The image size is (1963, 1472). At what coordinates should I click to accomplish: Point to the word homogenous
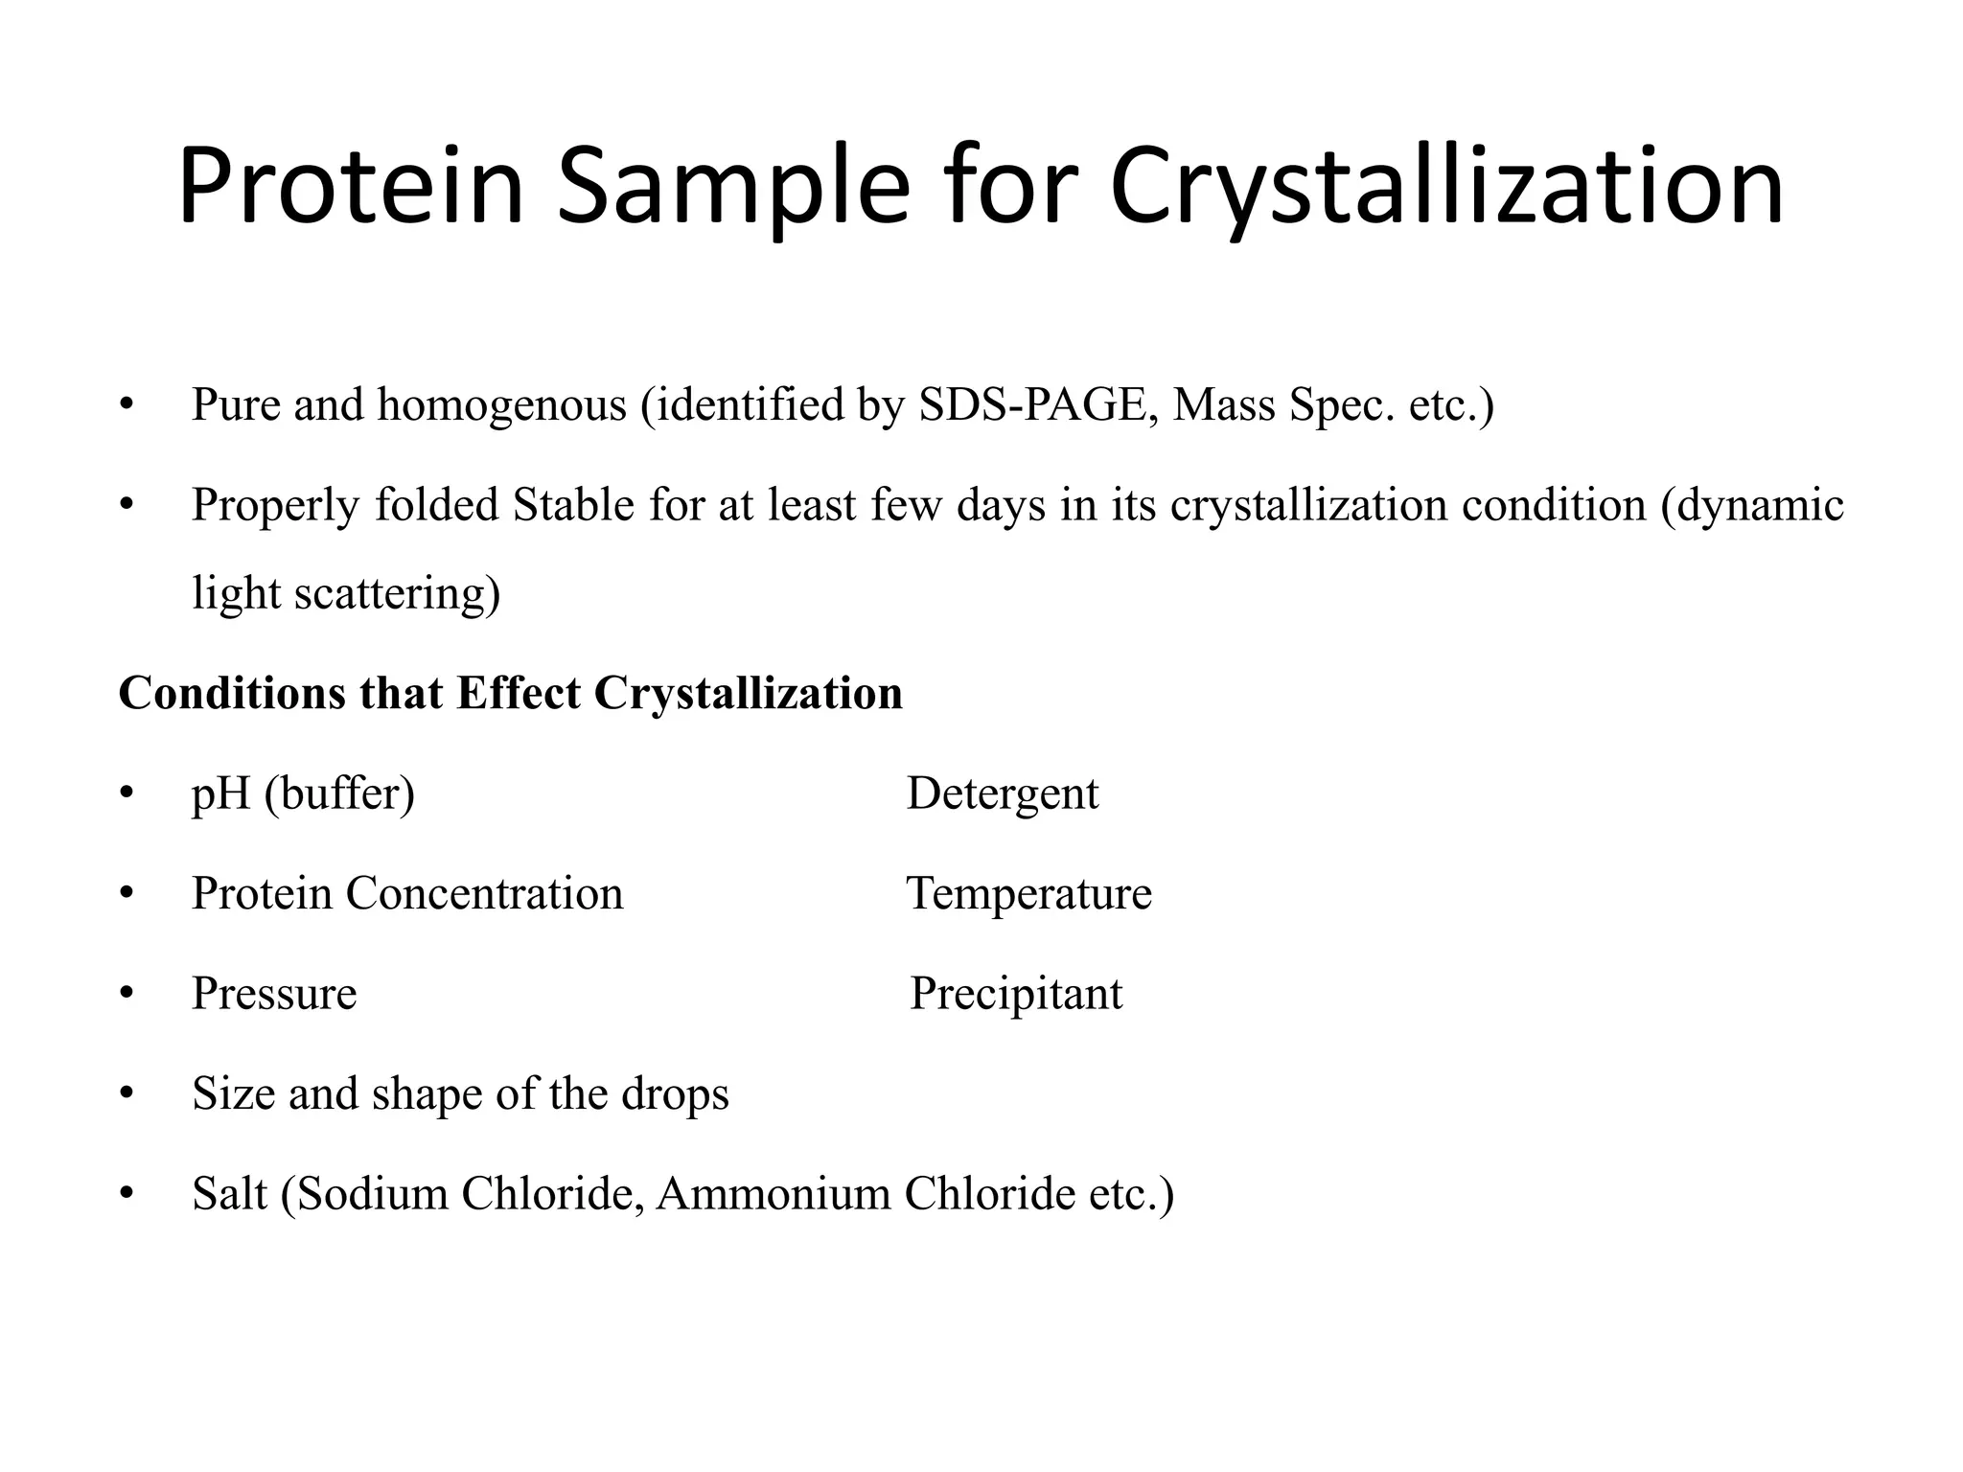tap(501, 404)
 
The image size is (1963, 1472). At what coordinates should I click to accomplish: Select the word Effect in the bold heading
tap(519, 693)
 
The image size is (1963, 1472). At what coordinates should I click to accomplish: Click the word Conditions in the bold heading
tap(231, 693)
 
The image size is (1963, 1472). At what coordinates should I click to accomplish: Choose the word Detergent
tap(1003, 793)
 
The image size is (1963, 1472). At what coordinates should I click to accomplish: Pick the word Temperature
tap(1029, 893)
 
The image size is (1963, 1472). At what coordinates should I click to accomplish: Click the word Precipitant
tap(1016, 994)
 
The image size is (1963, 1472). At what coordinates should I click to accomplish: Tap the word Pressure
tap(274, 994)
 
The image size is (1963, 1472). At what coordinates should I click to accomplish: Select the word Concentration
tap(484, 893)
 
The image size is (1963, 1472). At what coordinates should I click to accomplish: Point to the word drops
tap(675, 1094)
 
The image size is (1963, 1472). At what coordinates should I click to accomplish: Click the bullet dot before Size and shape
tap(127, 1094)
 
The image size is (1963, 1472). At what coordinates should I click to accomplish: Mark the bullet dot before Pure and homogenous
tap(127, 405)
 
